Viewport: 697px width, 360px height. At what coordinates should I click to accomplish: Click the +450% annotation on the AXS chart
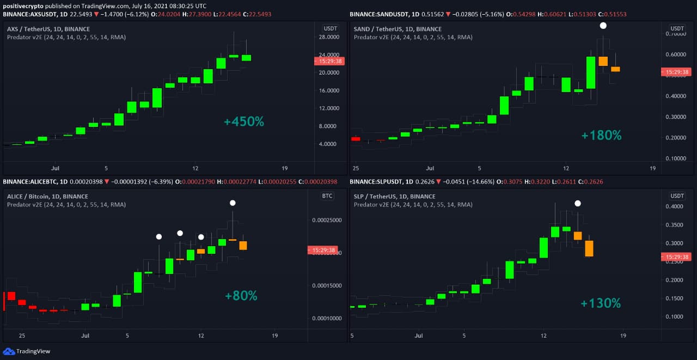pos(243,121)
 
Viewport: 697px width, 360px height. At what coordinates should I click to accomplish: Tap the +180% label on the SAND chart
pos(601,135)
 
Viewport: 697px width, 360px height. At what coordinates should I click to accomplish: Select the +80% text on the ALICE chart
pos(241,296)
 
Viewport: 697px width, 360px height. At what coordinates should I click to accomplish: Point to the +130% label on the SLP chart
pos(600,303)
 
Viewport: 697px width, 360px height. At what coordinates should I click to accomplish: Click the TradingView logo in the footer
pos(27,351)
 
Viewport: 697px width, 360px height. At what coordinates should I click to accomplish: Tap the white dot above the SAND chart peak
pos(603,26)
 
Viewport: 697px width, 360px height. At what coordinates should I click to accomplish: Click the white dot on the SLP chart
pos(578,203)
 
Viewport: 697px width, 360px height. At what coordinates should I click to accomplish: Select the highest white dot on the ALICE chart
pos(233,203)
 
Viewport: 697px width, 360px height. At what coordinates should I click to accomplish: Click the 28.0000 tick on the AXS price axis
pos(329,37)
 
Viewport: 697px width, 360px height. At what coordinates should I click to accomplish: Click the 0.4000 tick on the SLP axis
pos(677,207)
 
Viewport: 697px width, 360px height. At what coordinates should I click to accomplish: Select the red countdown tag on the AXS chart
pos(329,62)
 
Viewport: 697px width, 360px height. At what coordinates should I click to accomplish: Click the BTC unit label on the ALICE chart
pos(327,196)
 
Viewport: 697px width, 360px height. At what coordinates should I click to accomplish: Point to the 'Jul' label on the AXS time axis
pos(56,168)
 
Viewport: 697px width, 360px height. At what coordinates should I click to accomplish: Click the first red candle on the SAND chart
pos(356,139)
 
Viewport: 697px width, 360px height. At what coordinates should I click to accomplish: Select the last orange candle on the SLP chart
pos(589,248)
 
